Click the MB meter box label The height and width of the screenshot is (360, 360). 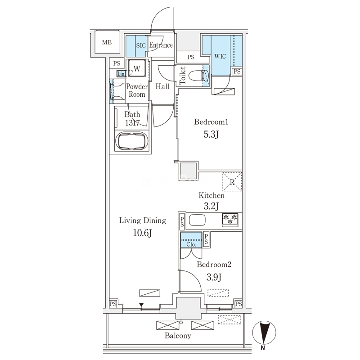[107, 42]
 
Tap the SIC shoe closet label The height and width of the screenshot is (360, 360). [141, 45]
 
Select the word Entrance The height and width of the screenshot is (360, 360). [161, 45]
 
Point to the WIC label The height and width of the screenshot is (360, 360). [220, 56]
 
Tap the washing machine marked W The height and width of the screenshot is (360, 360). [137, 68]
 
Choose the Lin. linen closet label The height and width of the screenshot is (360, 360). [121, 74]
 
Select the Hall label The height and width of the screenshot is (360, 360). [162, 86]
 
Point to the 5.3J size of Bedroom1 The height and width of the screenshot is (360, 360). [211, 135]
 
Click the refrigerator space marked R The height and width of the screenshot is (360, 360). [232, 182]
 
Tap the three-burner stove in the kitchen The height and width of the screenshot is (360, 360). [230, 220]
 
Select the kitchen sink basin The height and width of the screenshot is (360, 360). [197, 220]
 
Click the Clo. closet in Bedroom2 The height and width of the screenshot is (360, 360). [191, 240]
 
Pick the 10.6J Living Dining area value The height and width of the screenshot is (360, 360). [142, 233]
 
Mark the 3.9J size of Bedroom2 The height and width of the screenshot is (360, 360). [214, 277]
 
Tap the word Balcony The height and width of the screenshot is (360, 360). [178, 336]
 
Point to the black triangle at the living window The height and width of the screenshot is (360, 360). [141, 305]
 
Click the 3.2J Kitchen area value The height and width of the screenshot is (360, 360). [211, 206]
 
